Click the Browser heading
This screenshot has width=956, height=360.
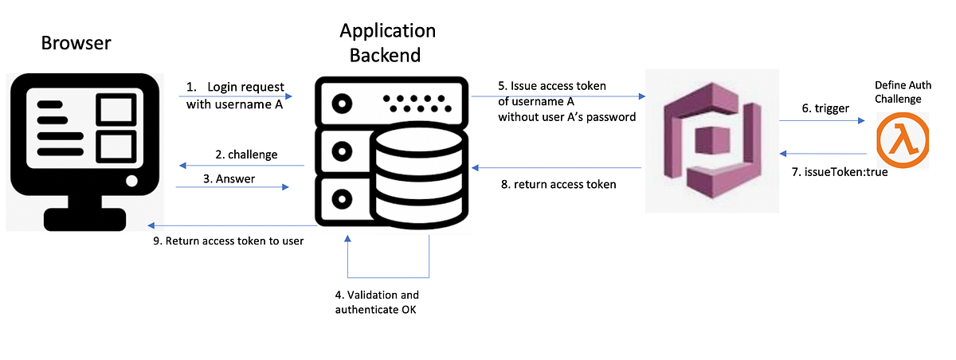tap(76, 42)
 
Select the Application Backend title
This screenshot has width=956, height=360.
tap(387, 43)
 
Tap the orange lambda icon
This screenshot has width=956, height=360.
tap(902, 140)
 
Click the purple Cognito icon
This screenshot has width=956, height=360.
tap(711, 141)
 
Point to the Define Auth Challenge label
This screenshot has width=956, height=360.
tap(903, 92)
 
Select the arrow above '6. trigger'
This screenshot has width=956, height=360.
tap(821, 121)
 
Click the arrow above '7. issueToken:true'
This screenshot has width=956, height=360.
tap(821, 153)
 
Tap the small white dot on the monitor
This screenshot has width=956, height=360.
tap(131, 181)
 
